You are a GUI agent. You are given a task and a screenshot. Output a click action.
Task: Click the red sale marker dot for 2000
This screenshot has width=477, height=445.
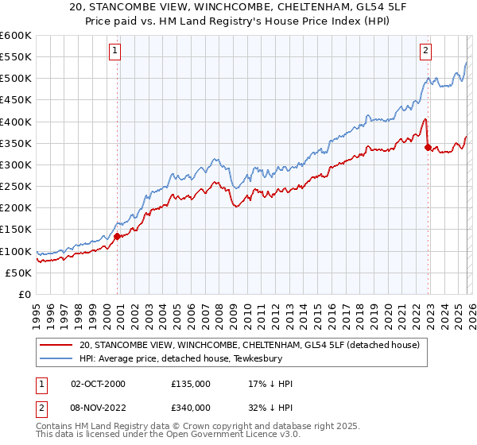118,236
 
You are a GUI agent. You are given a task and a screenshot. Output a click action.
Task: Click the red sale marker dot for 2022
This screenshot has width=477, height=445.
428,147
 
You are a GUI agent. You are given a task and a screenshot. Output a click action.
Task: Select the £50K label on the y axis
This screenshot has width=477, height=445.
18,273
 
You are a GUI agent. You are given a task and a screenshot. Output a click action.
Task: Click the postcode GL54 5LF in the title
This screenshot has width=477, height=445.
354,10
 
